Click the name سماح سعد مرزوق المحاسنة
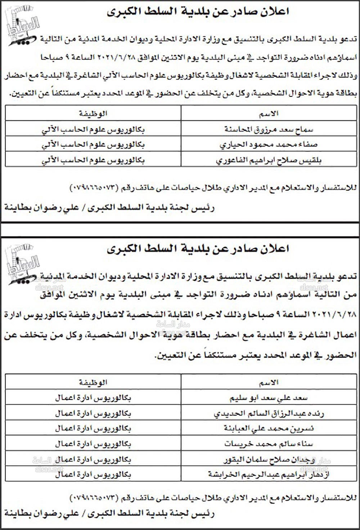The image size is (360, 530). click(x=269, y=129)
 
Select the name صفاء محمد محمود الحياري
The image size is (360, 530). click(x=269, y=145)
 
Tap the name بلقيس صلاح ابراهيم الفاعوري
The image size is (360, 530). click(x=269, y=160)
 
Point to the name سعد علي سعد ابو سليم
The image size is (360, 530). click(x=269, y=398)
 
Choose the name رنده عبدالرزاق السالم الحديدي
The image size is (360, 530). click(x=269, y=414)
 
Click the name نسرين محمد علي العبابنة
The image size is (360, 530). click(x=269, y=428)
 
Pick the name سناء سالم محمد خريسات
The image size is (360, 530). click(x=269, y=444)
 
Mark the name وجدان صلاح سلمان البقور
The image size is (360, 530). click(x=269, y=459)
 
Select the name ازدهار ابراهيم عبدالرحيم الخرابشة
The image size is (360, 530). click(x=269, y=474)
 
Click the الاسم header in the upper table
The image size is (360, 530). click(x=269, y=114)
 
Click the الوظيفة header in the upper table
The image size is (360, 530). click(x=93, y=114)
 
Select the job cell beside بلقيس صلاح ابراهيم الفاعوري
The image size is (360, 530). click(x=93, y=160)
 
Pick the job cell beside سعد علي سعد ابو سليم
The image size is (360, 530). click(x=93, y=398)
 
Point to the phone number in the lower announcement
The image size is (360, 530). click(x=94, y=498)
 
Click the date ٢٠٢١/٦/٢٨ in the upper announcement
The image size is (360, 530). click(x=115, y=57)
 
